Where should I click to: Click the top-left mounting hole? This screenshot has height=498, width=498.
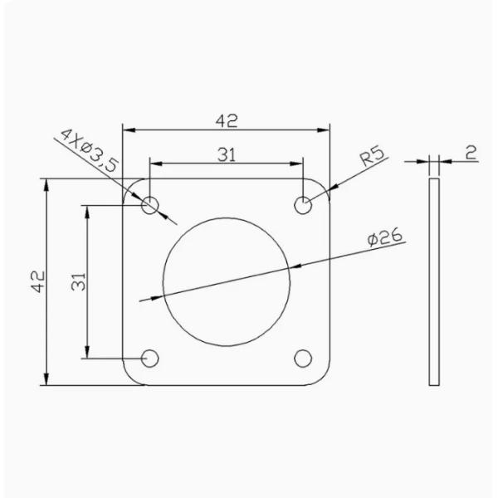pyautogui.click(x=150, y=203)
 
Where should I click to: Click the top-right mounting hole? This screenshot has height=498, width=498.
pyautogui.click(x=305, y=203)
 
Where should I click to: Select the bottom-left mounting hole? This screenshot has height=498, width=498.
pyautogui.click(x=150, y=358)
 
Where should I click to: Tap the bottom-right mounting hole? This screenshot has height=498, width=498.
pyautogui.click(x=305, y=358)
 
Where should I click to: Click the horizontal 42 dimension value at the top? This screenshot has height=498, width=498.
pyautogui.click(x=227, y=120)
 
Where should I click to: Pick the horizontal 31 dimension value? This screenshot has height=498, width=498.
pyautogui.click(x=229, y=154)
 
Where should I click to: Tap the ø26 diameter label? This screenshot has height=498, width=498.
pyautogui.click(x=383, y=238)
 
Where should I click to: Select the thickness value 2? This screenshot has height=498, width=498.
pyautogui.click(x=470, y=152)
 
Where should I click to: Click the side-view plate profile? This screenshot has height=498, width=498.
pyautogui.click(x=434, y=282)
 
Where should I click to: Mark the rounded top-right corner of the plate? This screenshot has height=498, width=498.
pyautogui.click(x=326, y=183)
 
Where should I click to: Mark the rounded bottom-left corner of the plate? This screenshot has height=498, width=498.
pyautogui.click(x=129, y=379)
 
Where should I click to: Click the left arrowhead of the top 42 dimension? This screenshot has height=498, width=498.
pyautogui.click(x=127, y=129)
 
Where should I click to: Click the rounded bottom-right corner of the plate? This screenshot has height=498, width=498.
pyautogui.click(x=326, y=379)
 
